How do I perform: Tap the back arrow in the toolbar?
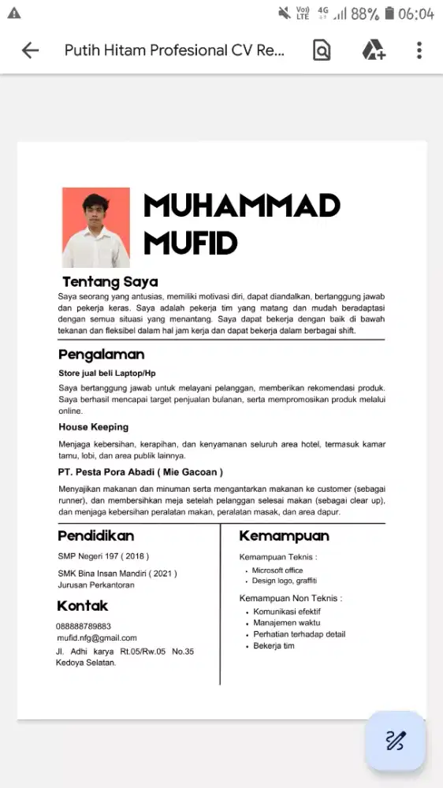pos(30,51)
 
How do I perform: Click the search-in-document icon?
pos(322,51)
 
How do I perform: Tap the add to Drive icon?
pos(373,51)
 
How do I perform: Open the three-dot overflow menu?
pos(419,51)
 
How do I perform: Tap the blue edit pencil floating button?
pos(395,741)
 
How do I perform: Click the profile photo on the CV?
pos(96,228)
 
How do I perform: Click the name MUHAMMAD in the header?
pos(241,206)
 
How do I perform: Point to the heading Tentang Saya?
pos(110,282)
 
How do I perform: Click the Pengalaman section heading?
pos(101,354)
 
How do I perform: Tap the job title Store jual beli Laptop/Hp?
pos(107,373)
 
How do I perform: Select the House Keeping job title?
pos(93,427)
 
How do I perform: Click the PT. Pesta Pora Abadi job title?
pos(140,472)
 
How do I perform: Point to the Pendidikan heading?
pos(96,536)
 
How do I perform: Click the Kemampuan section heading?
pos(284,536)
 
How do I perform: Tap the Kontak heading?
pos(83,606)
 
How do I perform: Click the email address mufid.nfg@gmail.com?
pos(97,638)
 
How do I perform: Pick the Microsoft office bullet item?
pos(277,571)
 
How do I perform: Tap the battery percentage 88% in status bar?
pos(365,14)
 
